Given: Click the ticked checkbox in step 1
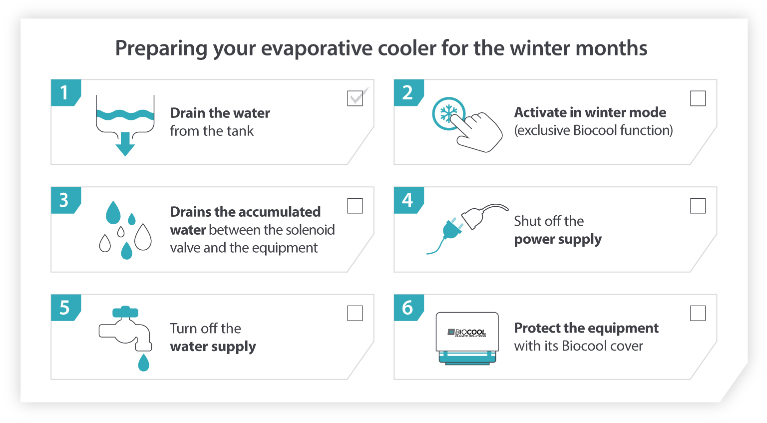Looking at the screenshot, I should pos(355,98).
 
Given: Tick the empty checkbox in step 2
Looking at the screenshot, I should pos(698,98).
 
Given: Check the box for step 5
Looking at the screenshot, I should pos(355,313).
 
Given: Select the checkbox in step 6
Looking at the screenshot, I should pos(698,313).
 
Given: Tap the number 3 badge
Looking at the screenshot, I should pos(64,200).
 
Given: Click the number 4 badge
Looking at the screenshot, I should pos(407,200).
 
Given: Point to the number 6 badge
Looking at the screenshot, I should pos(407,307).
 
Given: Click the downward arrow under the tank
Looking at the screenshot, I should pos(125,144).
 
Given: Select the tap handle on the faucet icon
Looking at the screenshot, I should pos(125,312).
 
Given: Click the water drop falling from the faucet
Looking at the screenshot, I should pos(144,363).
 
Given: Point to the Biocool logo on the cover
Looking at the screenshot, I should pos(467,333).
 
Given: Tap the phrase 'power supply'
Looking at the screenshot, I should pos(558,239).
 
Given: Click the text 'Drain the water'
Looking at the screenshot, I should pos(220,113).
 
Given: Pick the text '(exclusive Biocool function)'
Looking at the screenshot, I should pos(593,130).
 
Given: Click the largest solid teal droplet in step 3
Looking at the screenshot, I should pos(113,213).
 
